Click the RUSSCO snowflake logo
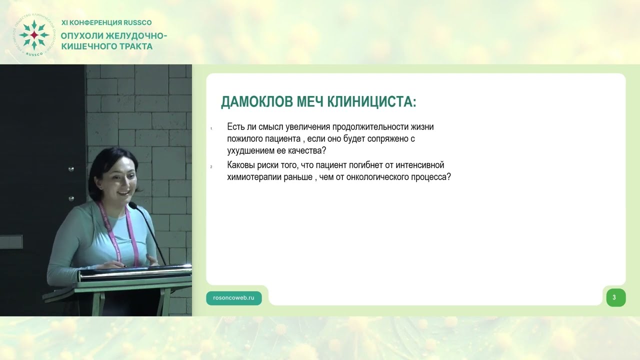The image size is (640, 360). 33,34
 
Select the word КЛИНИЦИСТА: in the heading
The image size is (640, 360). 372,102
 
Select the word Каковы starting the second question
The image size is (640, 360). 241,165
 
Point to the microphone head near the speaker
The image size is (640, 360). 132,205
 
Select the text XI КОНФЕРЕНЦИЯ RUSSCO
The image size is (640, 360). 106,22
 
